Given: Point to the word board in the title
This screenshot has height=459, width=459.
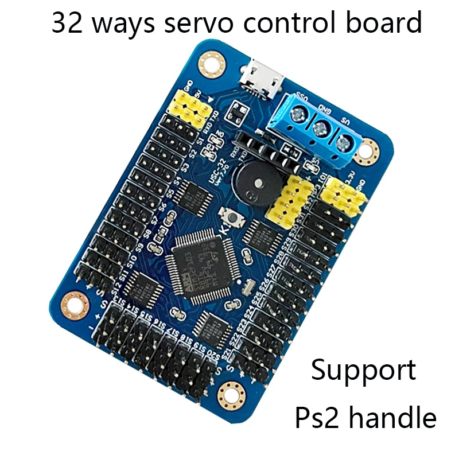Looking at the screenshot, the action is (x=387, y=24).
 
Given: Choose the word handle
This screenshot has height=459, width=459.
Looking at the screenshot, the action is (x=393, y=417).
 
